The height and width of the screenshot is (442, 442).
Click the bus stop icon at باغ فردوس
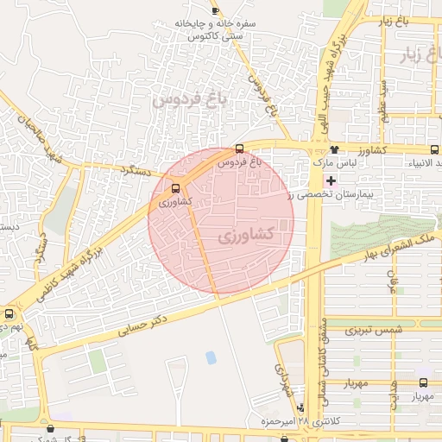(x=239, y=148)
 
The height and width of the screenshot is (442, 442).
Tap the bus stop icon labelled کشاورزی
(x=176, y=188)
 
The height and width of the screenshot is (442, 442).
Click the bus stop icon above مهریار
(x=424, y=382)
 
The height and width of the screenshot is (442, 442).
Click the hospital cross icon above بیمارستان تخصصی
(x=330, y=180)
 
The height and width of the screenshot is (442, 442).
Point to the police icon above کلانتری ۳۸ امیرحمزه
(x=300, y=407)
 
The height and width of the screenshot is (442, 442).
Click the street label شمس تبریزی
(x=374, y=331)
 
